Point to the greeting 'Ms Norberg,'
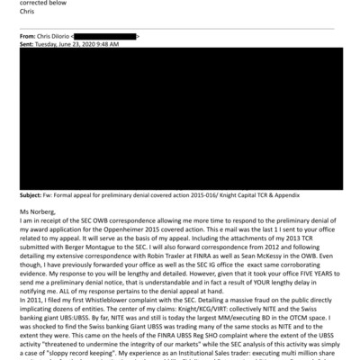pos(38,212)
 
